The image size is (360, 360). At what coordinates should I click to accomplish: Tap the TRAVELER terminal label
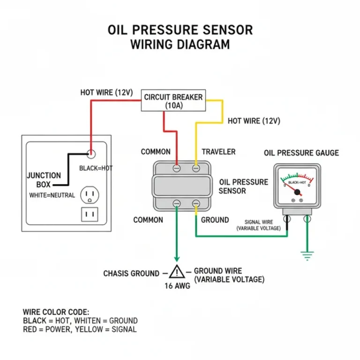(218, 152)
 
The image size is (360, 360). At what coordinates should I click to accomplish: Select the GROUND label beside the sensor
(215, 220)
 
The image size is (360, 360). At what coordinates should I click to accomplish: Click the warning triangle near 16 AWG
(177, 272)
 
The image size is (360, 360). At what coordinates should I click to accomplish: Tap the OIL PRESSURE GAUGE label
(301, 153)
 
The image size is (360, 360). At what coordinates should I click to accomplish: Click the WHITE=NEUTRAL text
(52, 195)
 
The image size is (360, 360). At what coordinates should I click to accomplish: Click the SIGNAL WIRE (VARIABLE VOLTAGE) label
(258, 225)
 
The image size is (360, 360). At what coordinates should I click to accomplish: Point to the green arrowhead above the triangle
(177, 258)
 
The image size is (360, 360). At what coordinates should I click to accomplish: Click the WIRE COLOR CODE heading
(56, 312)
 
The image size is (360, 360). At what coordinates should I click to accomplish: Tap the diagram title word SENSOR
(225, 30)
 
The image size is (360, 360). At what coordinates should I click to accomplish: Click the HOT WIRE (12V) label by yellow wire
(254, 121)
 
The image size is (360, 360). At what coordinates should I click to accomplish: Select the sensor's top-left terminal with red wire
(177, 167)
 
